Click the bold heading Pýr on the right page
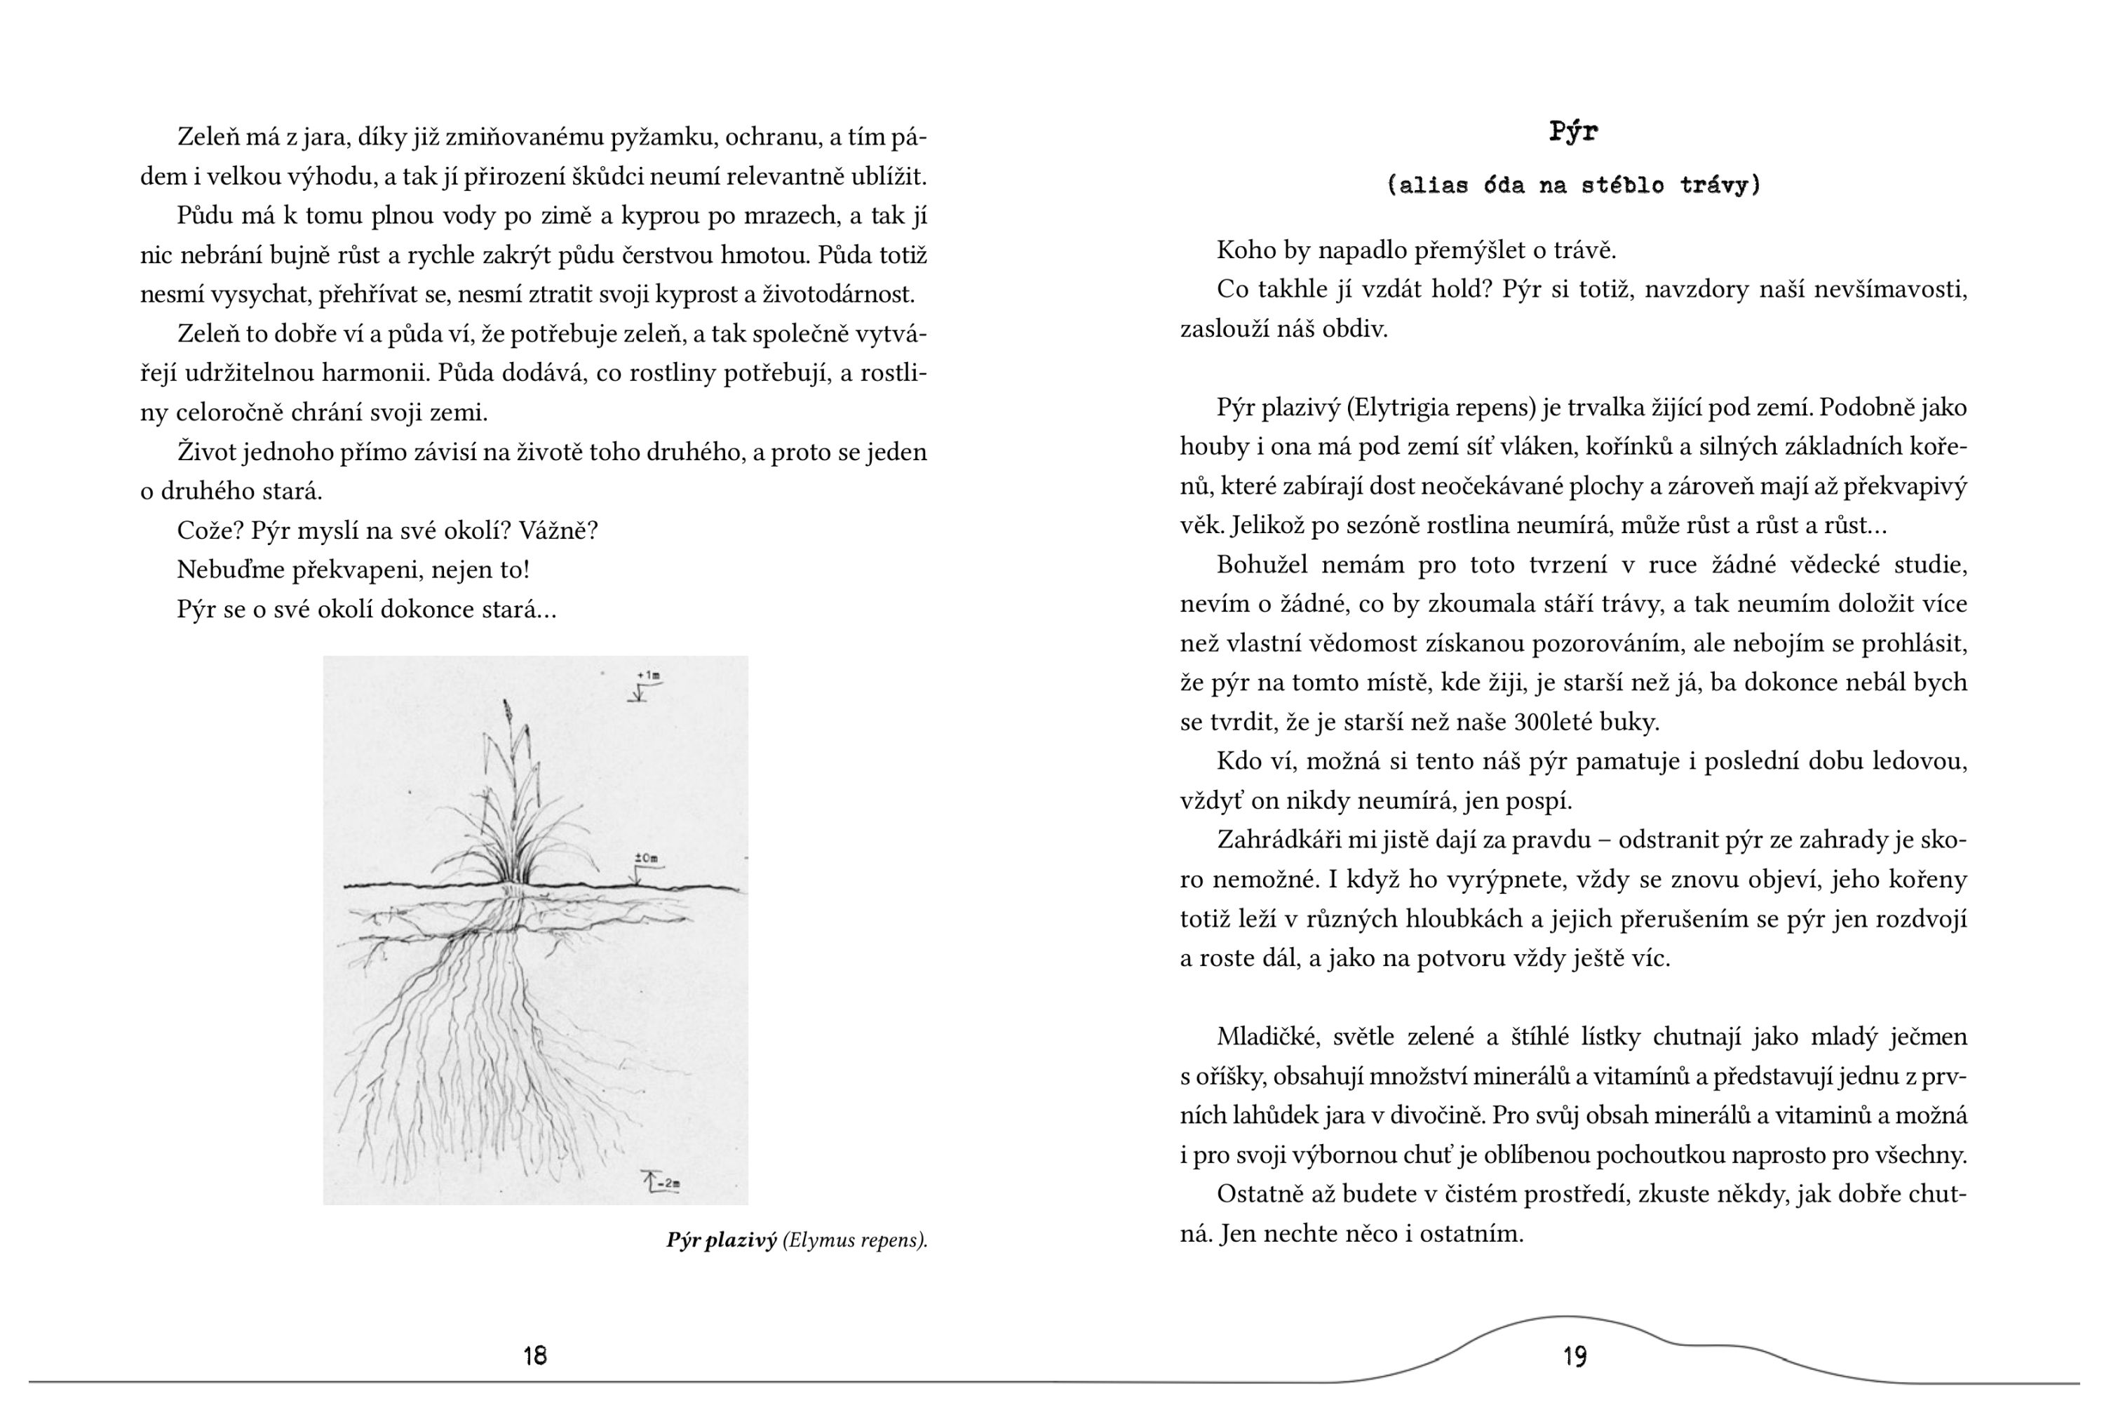tap(1574, 133)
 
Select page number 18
tap(535, 1355)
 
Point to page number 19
tap(1575, 1357)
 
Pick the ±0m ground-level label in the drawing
tap(646, 859)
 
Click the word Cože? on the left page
tap(209, 530)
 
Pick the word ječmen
tap(1928, 1037)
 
